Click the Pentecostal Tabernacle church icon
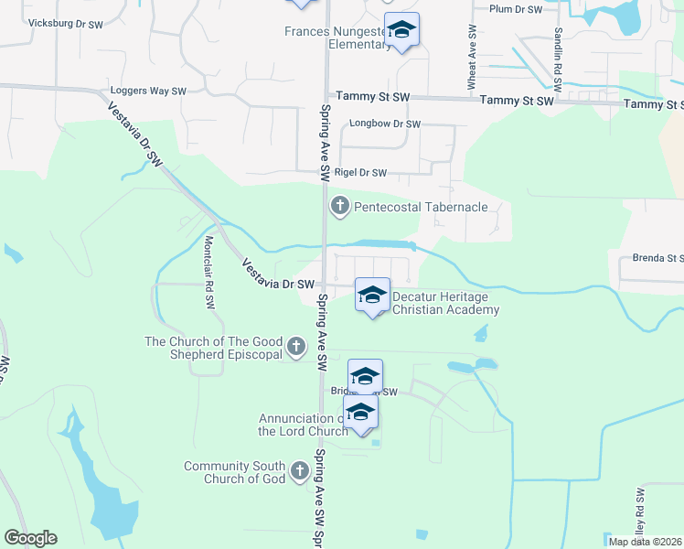point(340,205)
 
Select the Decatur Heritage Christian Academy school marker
point(372,296)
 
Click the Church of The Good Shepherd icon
point(295,346)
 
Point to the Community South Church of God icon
point(299,471)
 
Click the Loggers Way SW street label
point(148,91)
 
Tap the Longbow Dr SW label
point(384,124)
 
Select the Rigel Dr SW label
point(360,172)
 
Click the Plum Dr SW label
point(516,9)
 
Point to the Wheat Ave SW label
point(472,63)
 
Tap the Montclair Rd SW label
point(208,262)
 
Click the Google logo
point(30,538)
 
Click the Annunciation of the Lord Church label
point(302,425)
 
